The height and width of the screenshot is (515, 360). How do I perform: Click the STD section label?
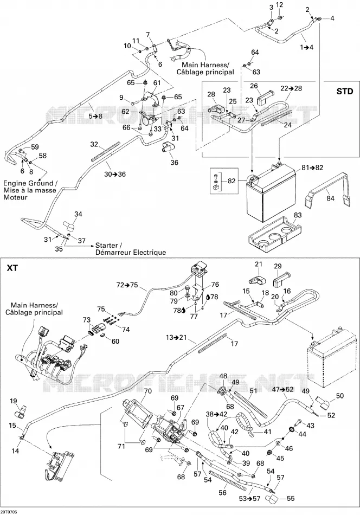coord(345,91)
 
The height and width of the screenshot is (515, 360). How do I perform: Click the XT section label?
coord(12,268)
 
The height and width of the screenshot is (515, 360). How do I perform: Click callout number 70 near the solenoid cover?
coord(148,391)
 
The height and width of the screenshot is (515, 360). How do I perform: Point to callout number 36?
coord(174,162)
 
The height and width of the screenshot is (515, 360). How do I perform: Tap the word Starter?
coord(106,246)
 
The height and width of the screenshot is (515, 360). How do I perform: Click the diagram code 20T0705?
coord(9,512)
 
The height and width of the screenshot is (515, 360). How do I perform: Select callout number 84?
coord(330,198)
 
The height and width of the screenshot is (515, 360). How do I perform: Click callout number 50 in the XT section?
coord(339,395)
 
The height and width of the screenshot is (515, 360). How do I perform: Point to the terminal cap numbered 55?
coord(272,500)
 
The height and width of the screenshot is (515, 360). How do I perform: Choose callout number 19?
coord(13,401)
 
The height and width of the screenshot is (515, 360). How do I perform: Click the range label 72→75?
coord(127,285)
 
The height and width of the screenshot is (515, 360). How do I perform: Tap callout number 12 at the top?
coord(279,5)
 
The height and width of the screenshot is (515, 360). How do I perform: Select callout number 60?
coord(115,341)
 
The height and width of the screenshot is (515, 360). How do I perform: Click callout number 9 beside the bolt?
coord(121,98)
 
